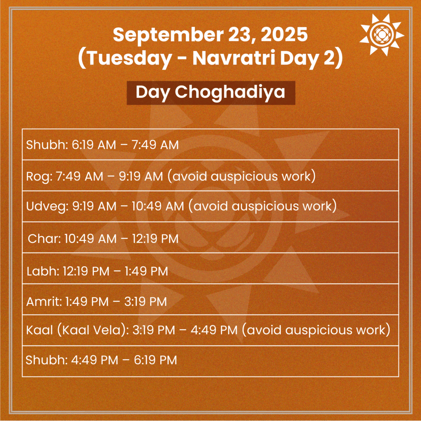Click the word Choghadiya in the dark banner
tap(230, 92)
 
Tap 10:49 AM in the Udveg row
tap(157, 207)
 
